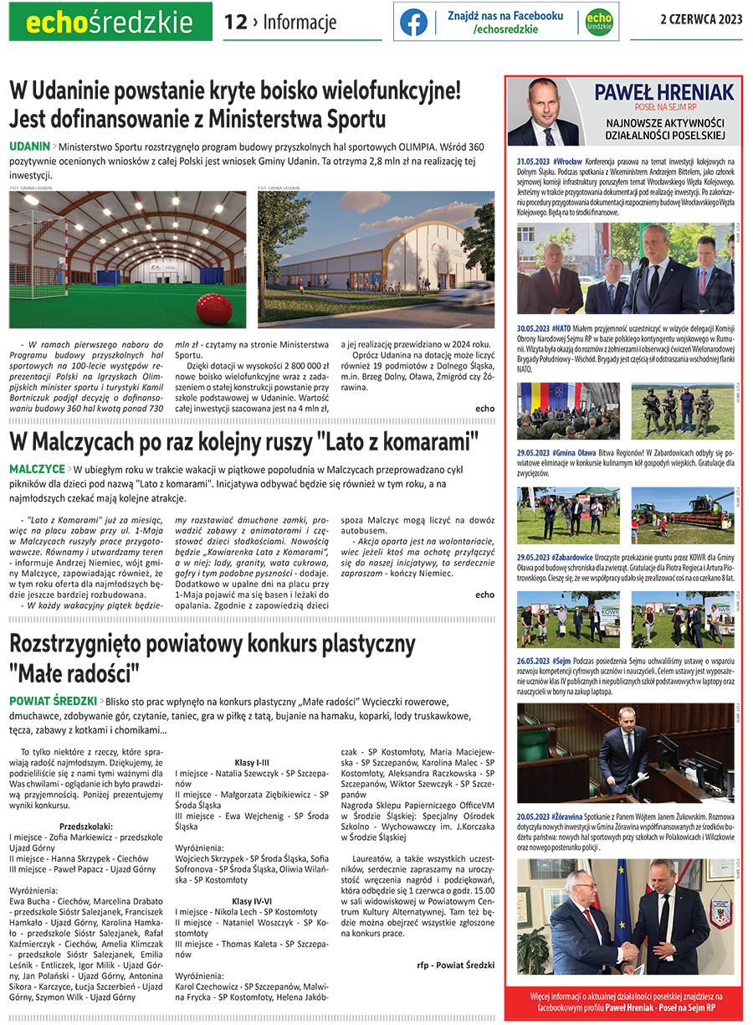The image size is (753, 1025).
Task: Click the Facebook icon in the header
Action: pos(413,23)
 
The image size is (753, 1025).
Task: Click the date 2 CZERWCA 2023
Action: pos(701,19)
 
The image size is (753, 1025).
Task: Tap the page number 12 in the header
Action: pos(235,23)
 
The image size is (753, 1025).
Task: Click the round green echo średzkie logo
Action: pos(598,23)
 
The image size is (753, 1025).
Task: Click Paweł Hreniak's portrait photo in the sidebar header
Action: pos(545,113)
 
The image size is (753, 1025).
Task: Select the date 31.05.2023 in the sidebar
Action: pos(533,160)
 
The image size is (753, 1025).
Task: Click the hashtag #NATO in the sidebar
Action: pos(561,328)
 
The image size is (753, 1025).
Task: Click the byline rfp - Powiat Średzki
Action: pos(455,965)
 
